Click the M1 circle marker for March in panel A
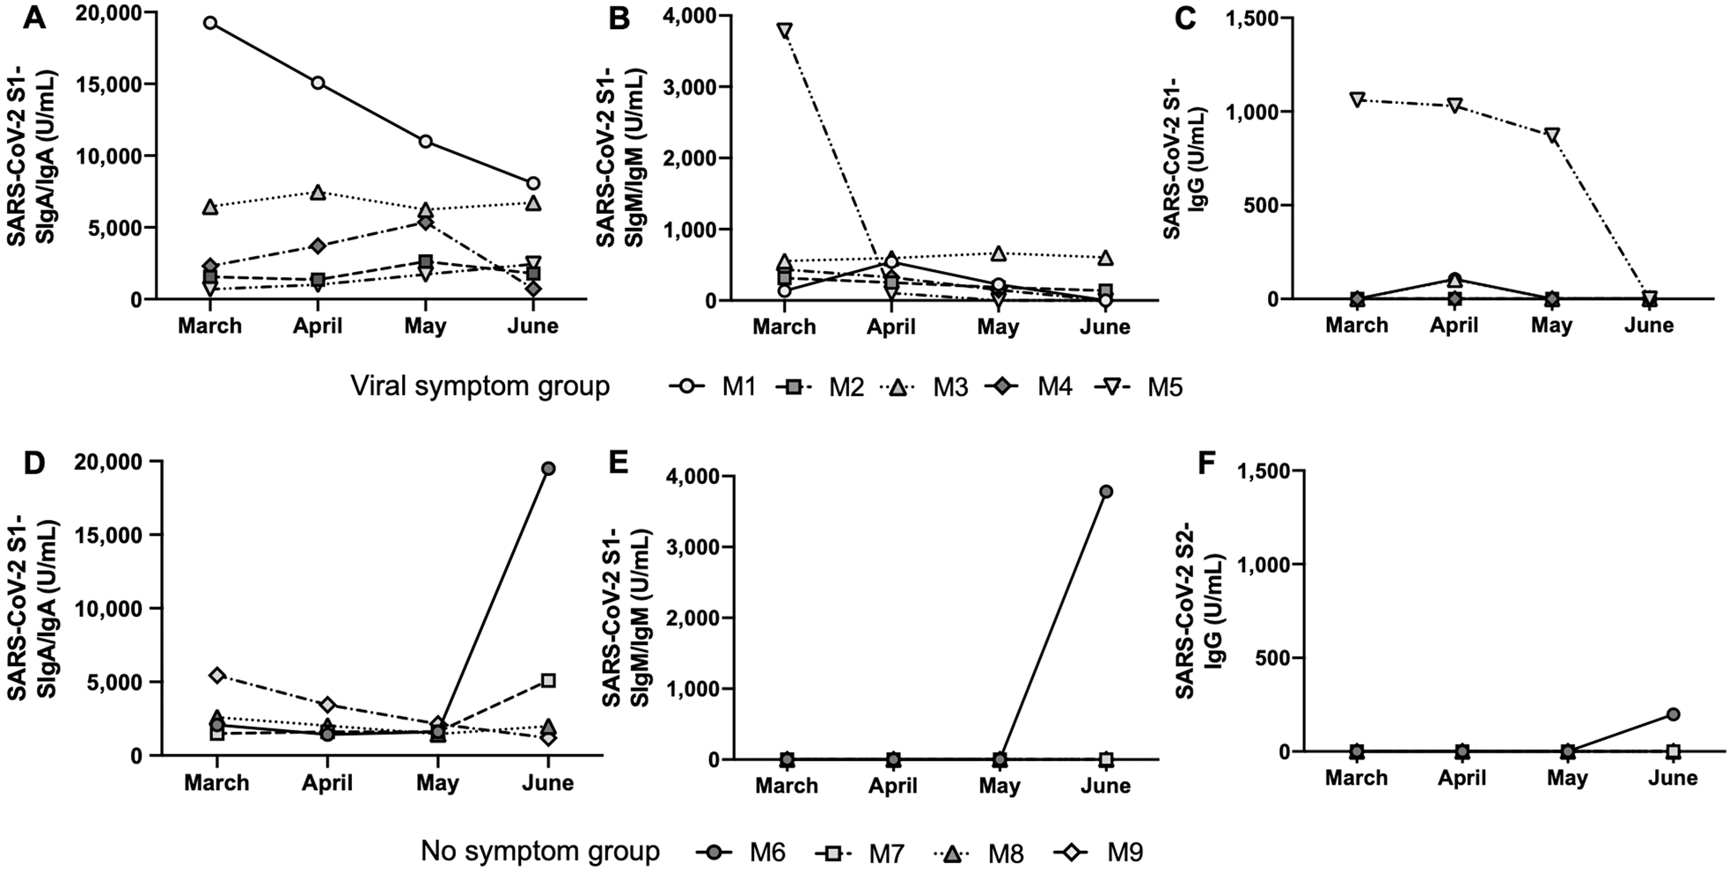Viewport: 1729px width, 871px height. coord(209,22)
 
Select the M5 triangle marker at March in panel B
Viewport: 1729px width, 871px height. coord(783,30)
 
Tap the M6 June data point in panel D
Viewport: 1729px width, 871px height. coord(548,468)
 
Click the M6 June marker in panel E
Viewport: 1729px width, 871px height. coord(1106,491)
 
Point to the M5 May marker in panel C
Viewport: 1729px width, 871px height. coord(1551,135)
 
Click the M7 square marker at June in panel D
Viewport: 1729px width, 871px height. coord(548,680)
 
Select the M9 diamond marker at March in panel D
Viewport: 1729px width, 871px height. coord(216,675)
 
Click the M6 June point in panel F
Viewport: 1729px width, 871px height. coord(1674,714)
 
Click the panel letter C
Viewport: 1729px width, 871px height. coord(1185,18)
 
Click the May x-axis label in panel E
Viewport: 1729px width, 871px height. coord(999,785)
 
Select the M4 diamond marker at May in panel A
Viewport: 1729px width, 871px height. coord(425,223)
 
